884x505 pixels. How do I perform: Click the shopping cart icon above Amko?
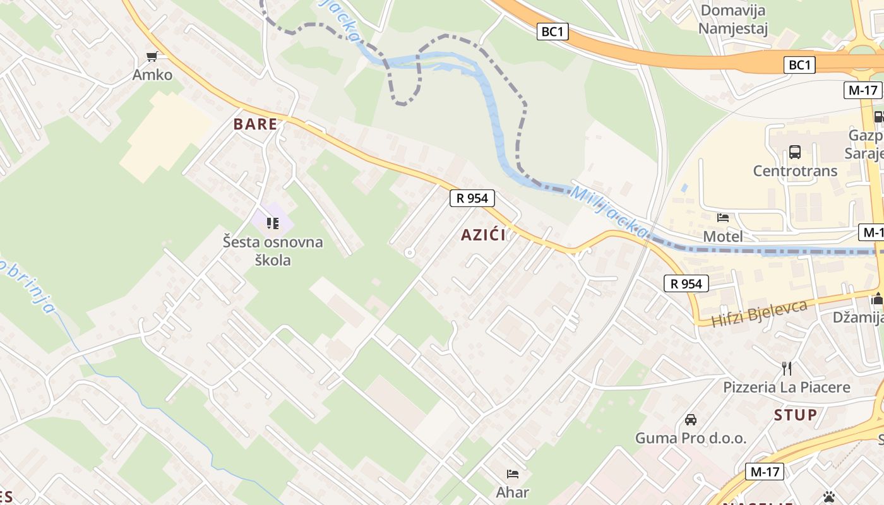coord(152,57)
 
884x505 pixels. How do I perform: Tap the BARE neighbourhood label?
coord(255,124)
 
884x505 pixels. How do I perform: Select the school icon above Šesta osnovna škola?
coord(273,223)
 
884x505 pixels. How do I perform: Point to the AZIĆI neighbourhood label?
coord(483,235)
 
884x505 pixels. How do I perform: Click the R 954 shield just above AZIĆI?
coord(472,198)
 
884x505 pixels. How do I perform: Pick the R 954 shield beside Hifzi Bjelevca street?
coord(686,284)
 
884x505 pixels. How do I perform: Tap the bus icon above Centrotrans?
coord(794,152)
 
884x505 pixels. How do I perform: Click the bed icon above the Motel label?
coord(723,218)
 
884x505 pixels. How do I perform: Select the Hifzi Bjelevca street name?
coord(760,314)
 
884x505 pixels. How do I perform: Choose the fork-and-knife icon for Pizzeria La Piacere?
coord(787,368)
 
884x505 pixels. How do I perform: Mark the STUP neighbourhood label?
coord(796,415)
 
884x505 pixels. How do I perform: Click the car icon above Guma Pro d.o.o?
coord(691,420)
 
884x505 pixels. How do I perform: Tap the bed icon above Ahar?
coord(513,473)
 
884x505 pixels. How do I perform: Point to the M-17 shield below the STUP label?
coord(765,471)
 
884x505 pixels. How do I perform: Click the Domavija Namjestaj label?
coord(733,20)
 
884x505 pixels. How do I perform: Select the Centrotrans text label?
coord(795,170)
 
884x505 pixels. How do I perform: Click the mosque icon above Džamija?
coord(878,299)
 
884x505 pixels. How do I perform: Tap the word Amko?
coord(152,74)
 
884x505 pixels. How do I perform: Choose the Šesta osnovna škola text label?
coord(273,251)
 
